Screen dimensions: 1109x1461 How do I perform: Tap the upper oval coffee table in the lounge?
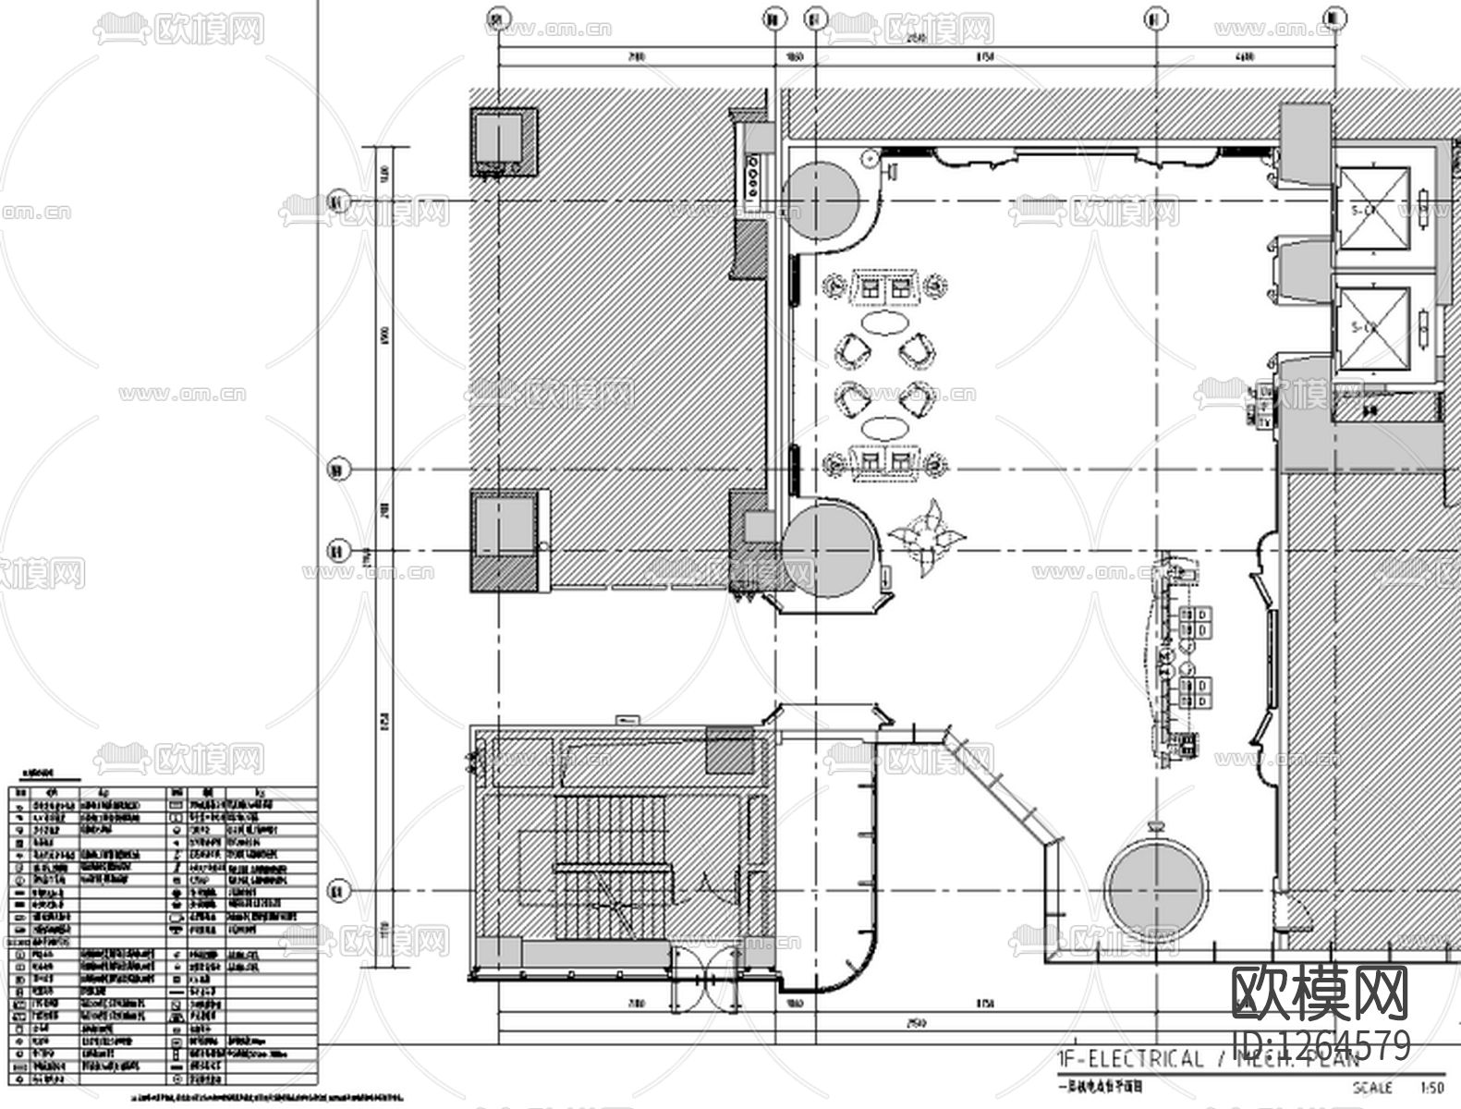tap(883, 323)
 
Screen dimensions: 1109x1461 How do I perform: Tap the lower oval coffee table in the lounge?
tap(884, 428)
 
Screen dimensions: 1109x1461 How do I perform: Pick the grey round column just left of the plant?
tap(828, 551)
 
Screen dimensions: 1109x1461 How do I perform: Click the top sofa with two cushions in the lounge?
tap(885, 288)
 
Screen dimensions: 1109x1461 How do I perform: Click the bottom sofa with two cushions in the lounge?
tap(885, 461)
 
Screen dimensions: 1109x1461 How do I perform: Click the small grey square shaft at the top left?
tap(503, 141)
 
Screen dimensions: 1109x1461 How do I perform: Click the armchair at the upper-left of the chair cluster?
tap(851, 350)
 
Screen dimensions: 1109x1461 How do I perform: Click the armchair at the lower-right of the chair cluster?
tap(919, 399)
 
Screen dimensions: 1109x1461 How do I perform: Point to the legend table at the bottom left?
tap(162, 933)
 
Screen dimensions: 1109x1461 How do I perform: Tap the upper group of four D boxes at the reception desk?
tap(1198, 621)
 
